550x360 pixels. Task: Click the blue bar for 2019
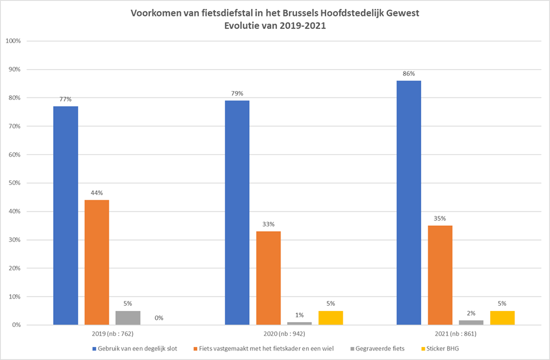[66, 215]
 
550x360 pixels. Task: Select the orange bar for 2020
[268, 278]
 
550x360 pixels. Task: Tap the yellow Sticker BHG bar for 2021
[502, 317]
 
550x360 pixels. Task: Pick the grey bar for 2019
[128, 317]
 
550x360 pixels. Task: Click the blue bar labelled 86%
[408, 203]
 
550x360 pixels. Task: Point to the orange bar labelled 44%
[97, 262]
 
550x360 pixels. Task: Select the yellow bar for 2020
[330, 317]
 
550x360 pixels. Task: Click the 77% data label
[66, 99]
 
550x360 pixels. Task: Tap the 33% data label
[268, 224]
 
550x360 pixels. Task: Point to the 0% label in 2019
[159, 317]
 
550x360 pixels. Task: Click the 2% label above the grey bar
[471, 313]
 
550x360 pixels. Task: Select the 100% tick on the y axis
[13, 41]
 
